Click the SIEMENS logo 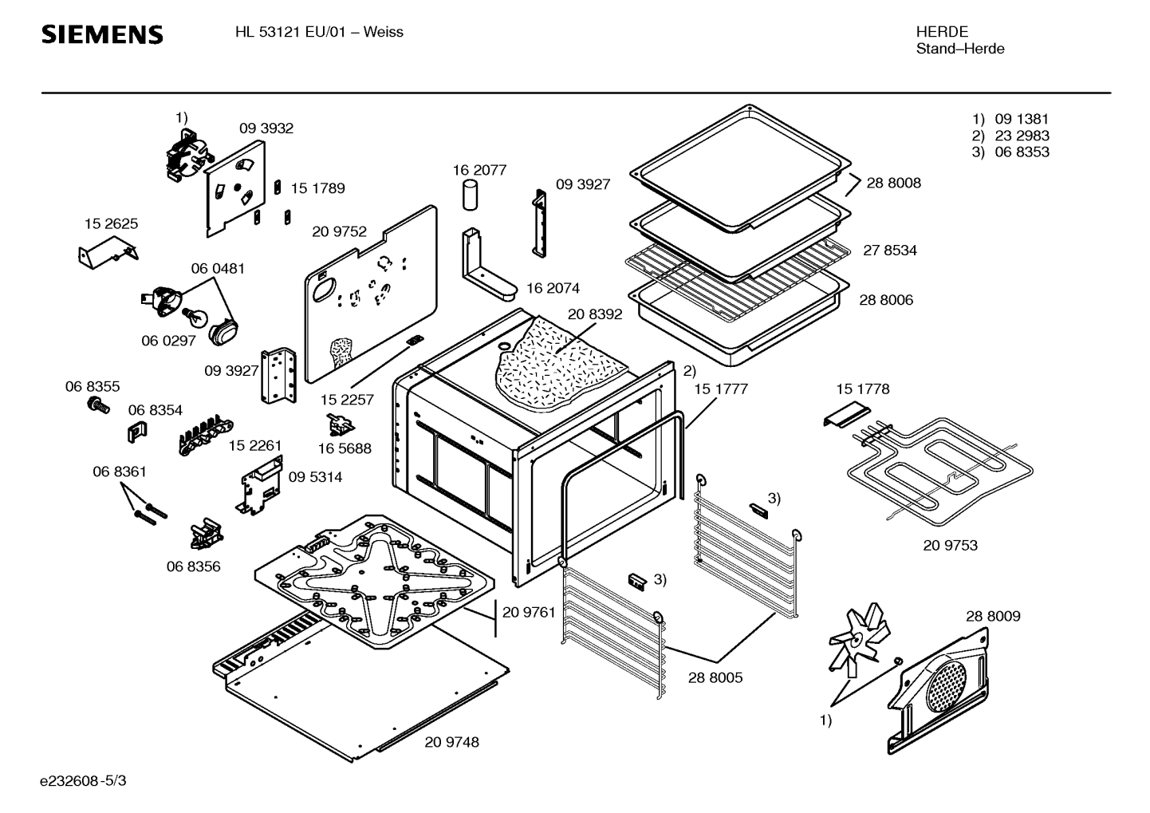tap(102, 34)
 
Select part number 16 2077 tap(479, 170)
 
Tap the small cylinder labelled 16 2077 tap(471, 194)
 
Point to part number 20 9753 tap(950, 545)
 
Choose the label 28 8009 tap(993, 616)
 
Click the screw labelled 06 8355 tap(99, 405)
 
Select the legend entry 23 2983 tap(1022, 136)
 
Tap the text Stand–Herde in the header tap(959, 49)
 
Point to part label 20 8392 tap(595, 314)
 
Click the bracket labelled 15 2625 tap(108, 254)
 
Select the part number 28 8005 tap(715, 677)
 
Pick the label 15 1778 tap(862, 389)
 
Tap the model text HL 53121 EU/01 tap(295, 32)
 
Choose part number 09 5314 tap(315, 477)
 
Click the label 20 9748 tap(452, 742)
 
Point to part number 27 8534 tap(890, 250)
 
